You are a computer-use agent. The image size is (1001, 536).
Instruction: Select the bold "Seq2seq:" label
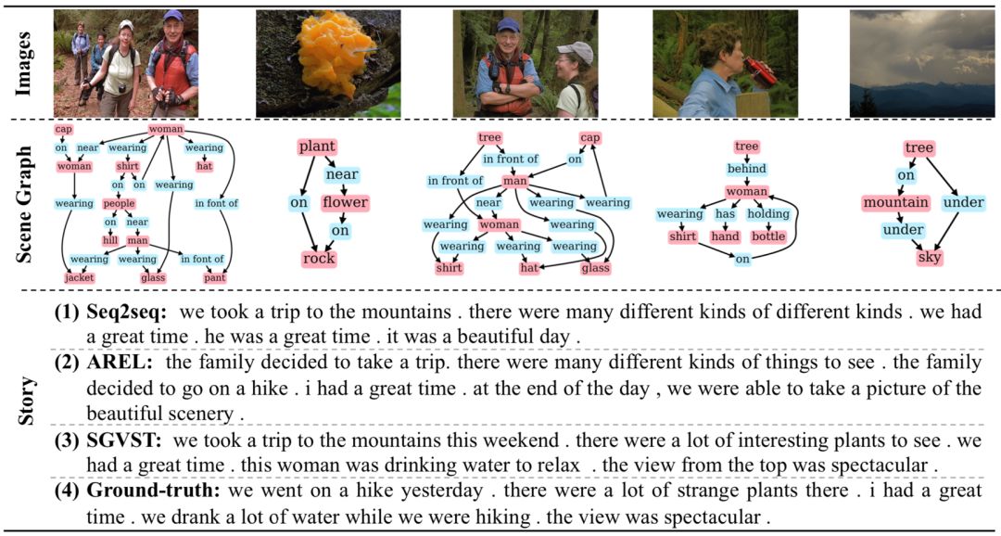click(126, 315)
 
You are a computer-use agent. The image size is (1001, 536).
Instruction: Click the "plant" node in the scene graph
click(317, 147)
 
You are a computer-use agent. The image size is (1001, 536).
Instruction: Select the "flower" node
click(345, 202)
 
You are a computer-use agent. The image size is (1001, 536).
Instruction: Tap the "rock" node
click(318, 259)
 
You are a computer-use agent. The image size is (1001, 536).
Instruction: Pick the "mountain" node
click(894, 202)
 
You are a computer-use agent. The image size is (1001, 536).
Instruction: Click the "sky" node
click(929, 258)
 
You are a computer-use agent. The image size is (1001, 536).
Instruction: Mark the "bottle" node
click(767, 236)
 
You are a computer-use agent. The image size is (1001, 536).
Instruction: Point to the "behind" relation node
click(746, 169)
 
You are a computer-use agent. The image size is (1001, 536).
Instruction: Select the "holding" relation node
click(768, 214)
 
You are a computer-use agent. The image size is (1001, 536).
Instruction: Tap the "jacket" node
click(79, 277)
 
